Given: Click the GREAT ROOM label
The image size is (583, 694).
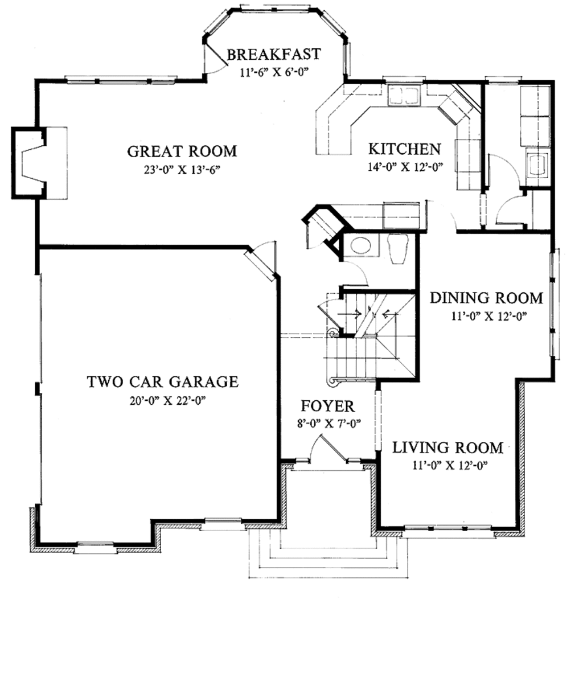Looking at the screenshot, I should tap(182, 151).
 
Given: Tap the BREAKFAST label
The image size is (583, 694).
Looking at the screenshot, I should tap(274, 54).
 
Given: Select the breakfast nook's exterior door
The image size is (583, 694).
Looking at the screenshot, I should tap(214, 58).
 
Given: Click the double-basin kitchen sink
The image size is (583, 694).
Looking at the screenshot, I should tap(403, 95).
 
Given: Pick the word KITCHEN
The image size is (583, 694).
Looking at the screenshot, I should tap(404, 149).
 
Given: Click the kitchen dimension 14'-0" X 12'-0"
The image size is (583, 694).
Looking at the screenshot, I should tap(405, 167).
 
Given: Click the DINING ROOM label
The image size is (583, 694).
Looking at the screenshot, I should tap(486, 298).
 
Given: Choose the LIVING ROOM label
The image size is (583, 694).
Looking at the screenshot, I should tap(447, 447).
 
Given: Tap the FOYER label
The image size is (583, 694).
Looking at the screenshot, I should tap(327, 406).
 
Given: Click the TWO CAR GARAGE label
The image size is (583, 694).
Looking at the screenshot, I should tap(162, 381).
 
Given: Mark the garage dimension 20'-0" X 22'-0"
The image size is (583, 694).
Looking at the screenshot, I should tap(162, 400).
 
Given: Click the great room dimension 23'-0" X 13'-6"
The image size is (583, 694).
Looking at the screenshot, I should tap(182, 169).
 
